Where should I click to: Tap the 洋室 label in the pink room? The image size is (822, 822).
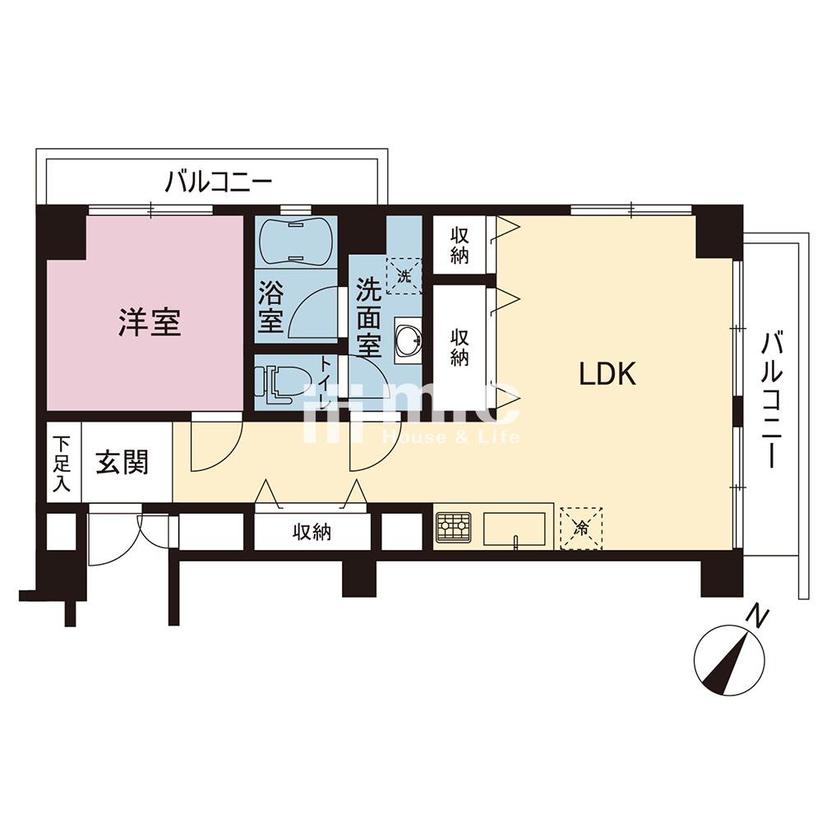click(150, 322)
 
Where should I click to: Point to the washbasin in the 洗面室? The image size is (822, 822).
click(408, 338)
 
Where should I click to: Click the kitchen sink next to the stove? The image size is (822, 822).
click(515, 528)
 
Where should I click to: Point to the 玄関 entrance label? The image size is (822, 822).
click(122, 464)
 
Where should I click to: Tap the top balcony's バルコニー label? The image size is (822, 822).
click(219, 180)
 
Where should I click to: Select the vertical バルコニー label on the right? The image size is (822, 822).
click(769, 399)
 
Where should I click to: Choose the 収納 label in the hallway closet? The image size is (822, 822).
click(312, 533)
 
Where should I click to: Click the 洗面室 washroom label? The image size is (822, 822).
click(367, 316)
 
